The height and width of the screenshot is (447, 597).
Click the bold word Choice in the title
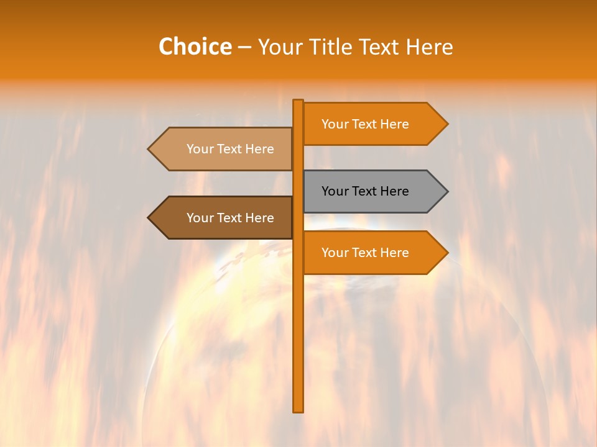[195, 47]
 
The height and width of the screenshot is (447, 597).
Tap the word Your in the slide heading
[280, 47]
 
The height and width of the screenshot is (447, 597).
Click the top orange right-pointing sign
[373, 124]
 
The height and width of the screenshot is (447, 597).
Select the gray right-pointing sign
[373, 191]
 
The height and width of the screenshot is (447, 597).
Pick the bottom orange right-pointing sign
[373, 253]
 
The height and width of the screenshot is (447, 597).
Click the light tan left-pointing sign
[224, 149]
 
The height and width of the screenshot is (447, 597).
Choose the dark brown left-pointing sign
[224, 218]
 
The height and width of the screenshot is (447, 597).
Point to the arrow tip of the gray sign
[446, 191]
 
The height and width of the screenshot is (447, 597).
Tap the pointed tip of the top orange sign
[446, 124]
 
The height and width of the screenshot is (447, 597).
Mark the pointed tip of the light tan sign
[150, 149]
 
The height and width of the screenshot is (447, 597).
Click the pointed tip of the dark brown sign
[150, 218]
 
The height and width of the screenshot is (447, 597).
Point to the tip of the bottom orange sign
[446, 253]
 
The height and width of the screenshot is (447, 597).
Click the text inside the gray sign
[365, 191]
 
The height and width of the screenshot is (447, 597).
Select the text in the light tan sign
[230, 149]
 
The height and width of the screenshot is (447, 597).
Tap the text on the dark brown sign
[230, 218]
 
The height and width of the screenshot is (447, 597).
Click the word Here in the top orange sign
[394, 124]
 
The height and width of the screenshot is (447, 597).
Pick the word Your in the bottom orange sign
[335, 253]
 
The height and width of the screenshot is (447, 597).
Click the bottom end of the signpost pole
[298, 409]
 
